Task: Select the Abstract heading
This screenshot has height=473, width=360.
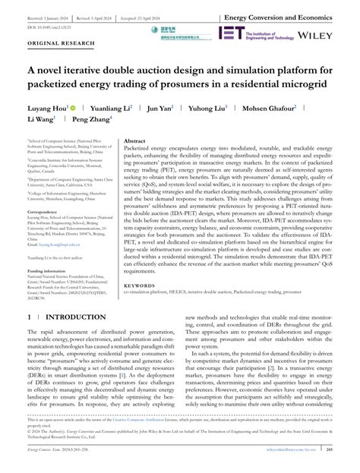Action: point(134,140)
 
